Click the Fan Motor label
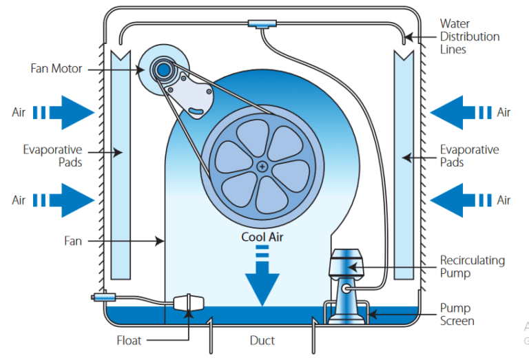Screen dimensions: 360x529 56,69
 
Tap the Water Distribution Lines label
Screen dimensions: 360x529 469,36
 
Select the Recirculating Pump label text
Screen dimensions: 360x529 473,266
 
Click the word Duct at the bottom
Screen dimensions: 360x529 262,340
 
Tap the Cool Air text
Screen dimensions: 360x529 262,237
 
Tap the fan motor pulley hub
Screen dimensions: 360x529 163,69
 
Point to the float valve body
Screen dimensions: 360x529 187,304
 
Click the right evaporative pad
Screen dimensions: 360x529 404,165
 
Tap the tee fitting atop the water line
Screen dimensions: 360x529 262,25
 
